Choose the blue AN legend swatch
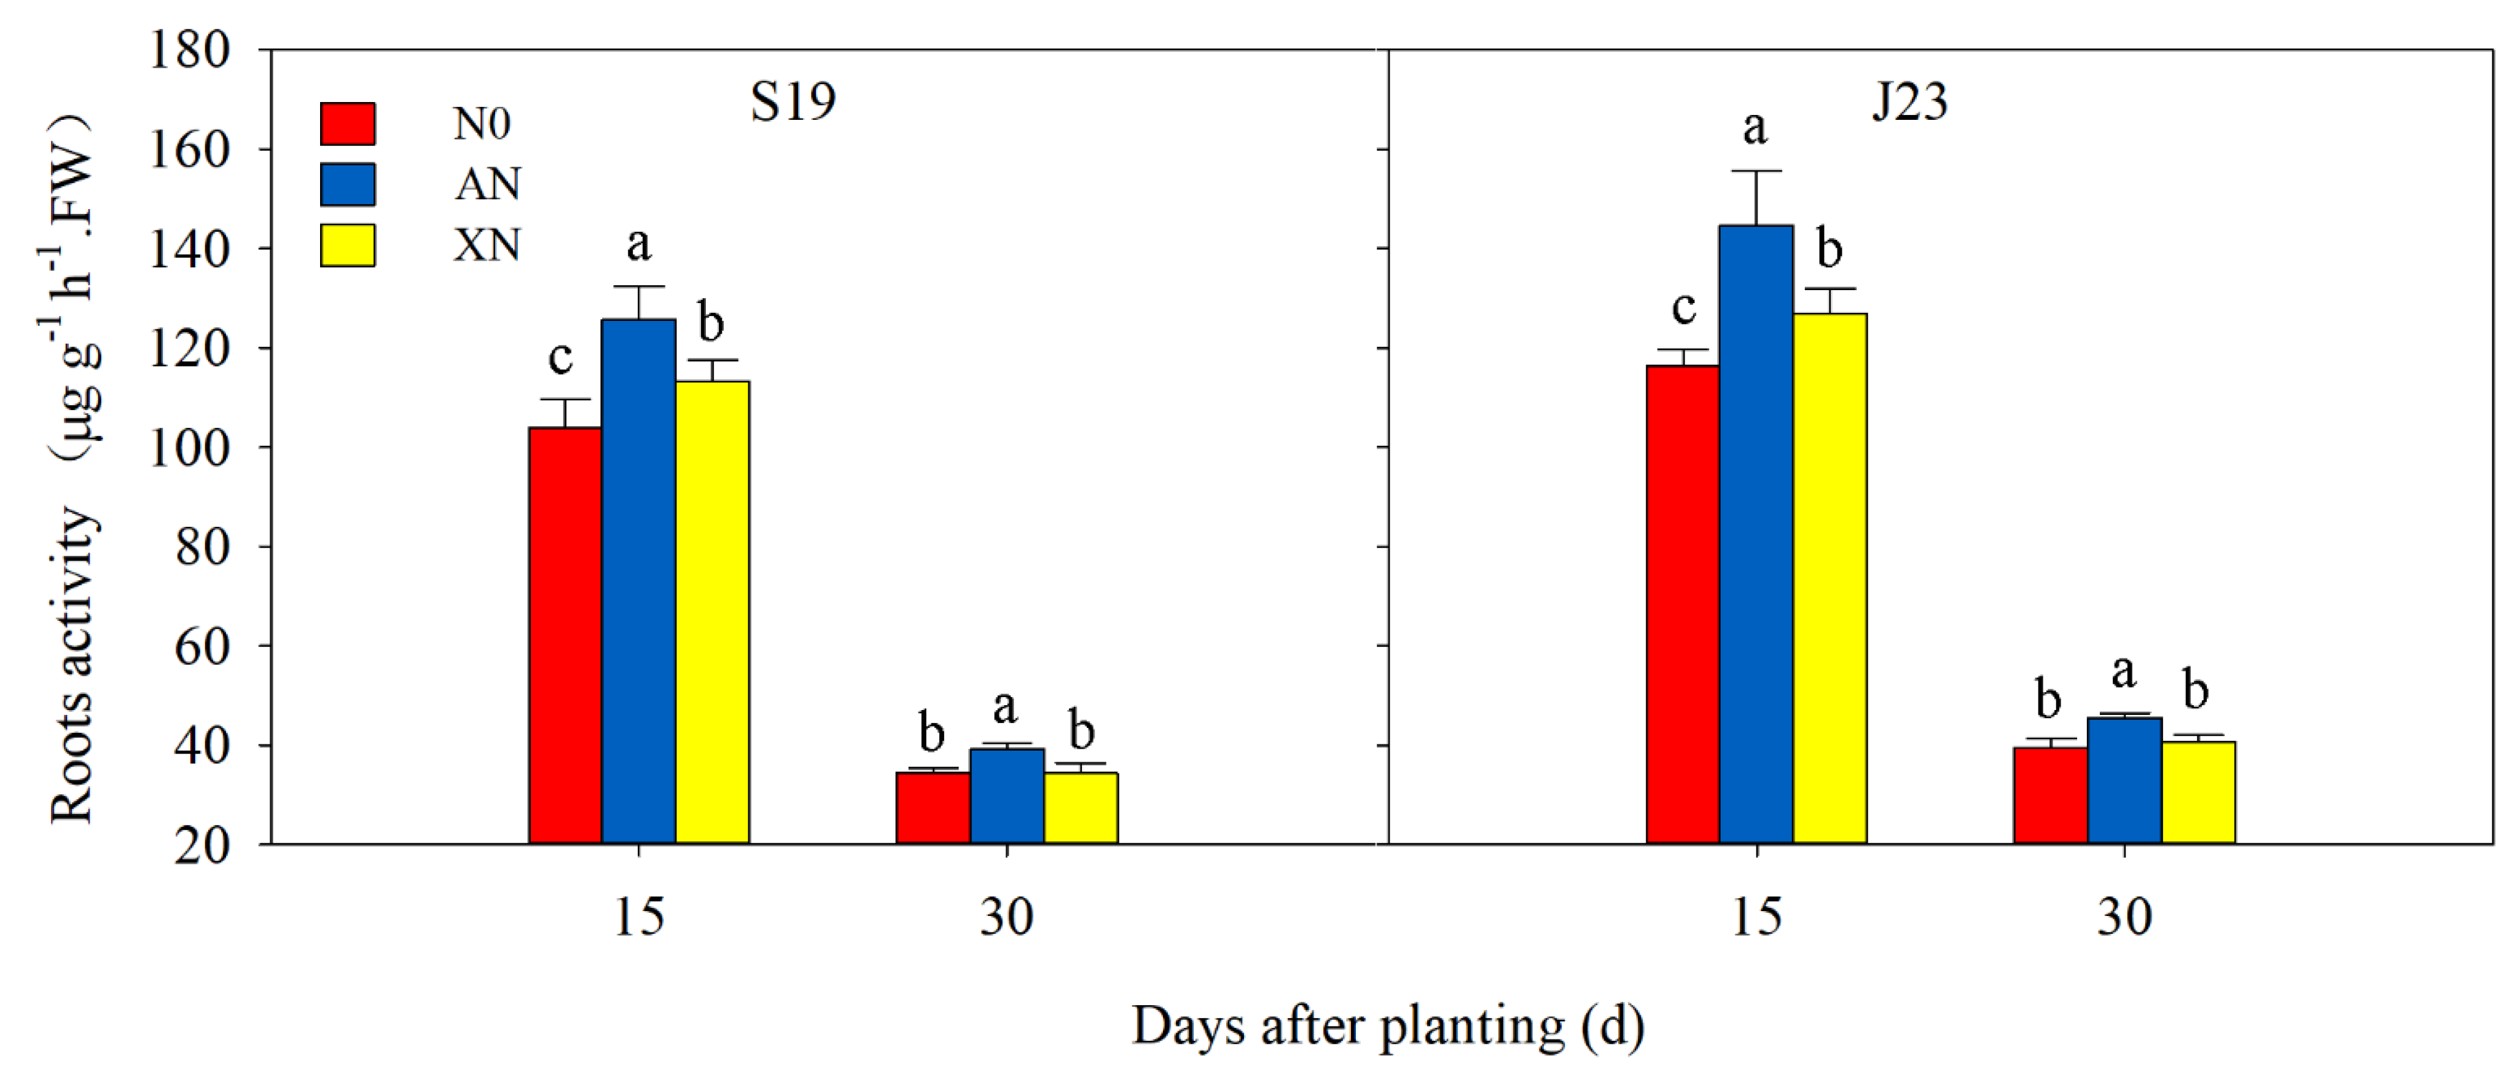point(348,184)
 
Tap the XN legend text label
point(487,245)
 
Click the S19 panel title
point(793,101)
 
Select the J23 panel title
point(1909,101)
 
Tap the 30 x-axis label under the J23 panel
point(2124,917)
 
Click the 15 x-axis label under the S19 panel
point(638,917)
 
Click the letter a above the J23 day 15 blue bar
point(1755,128)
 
